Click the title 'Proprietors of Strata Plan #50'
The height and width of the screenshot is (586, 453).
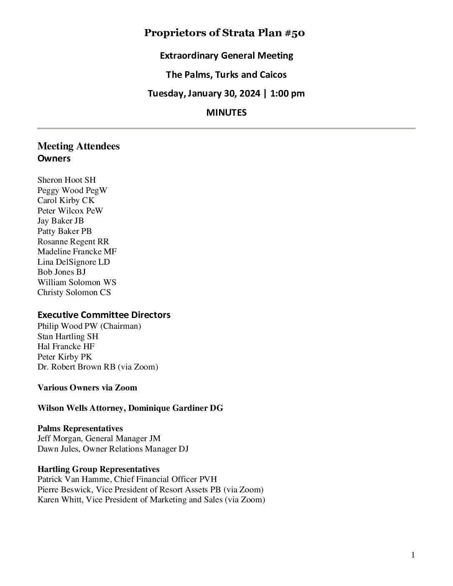point(224,33)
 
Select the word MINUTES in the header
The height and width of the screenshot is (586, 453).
point(226,112)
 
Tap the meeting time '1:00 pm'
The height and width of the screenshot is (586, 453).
point(287,93)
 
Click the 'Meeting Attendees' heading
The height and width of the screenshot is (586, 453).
point(78,146)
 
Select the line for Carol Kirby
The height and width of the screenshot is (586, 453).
point(66,201)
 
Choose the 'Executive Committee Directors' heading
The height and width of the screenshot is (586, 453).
point(104,315)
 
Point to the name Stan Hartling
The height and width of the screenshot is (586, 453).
point(61,336)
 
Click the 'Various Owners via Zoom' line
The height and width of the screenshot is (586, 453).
point(87,387)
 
